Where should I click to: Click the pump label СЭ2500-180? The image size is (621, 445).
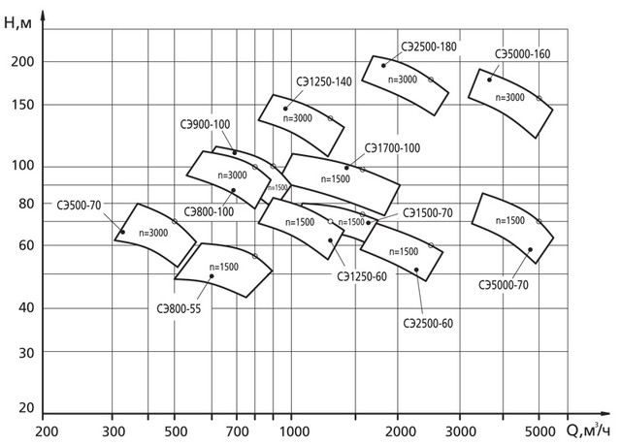[428, 46]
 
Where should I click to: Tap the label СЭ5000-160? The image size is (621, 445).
[521, 54]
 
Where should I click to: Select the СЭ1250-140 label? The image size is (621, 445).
[324, 82]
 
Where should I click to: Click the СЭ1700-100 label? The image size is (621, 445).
[392, 148]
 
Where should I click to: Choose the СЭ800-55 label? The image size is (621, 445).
[180, 309]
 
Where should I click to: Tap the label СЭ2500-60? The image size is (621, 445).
[430, 323]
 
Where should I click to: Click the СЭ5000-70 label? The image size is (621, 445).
[504, 285]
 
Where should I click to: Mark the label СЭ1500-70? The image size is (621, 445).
[428, 211]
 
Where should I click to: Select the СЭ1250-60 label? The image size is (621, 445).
[362, 277]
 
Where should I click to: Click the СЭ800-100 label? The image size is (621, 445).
[209, 210]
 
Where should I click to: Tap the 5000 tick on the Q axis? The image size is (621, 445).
[539, 429]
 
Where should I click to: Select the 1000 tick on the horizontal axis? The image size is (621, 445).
[293, 429]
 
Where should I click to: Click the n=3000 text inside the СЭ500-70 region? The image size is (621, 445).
[152, 233]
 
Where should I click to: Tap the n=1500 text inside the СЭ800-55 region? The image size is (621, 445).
[223, 267]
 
